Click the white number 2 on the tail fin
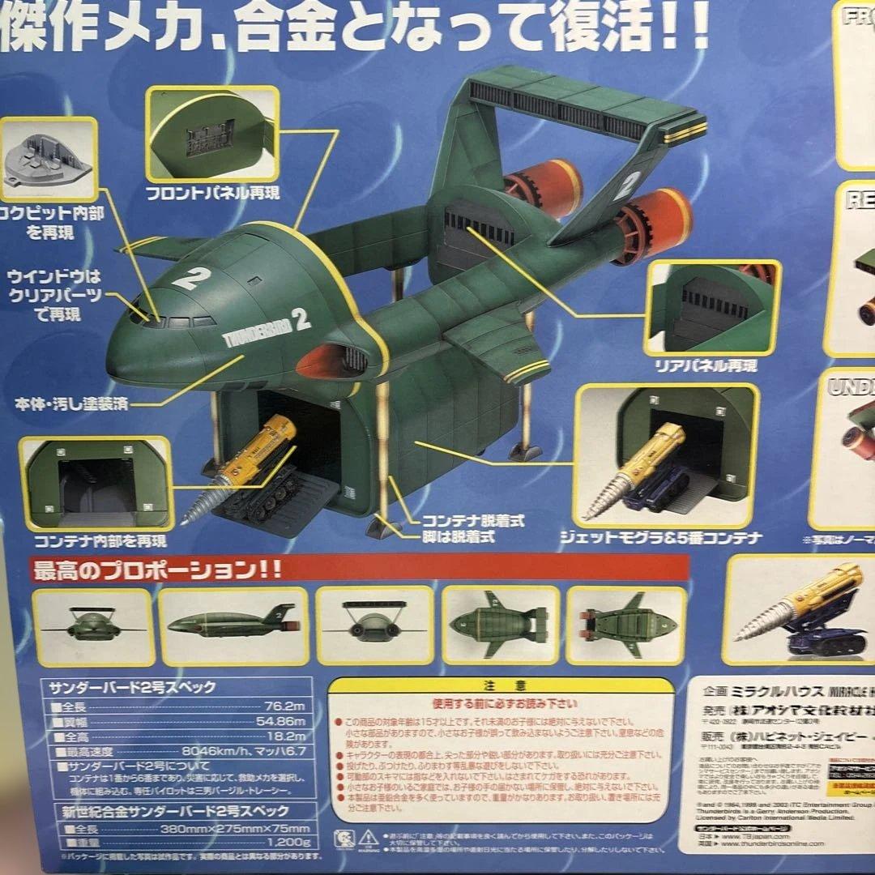coord(625,186)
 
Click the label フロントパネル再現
coord(212,194)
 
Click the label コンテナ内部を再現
coord(100,540)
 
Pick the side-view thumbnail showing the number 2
coord(233,626)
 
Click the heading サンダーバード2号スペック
coord(130,688)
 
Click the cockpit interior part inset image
coord(48,159)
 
